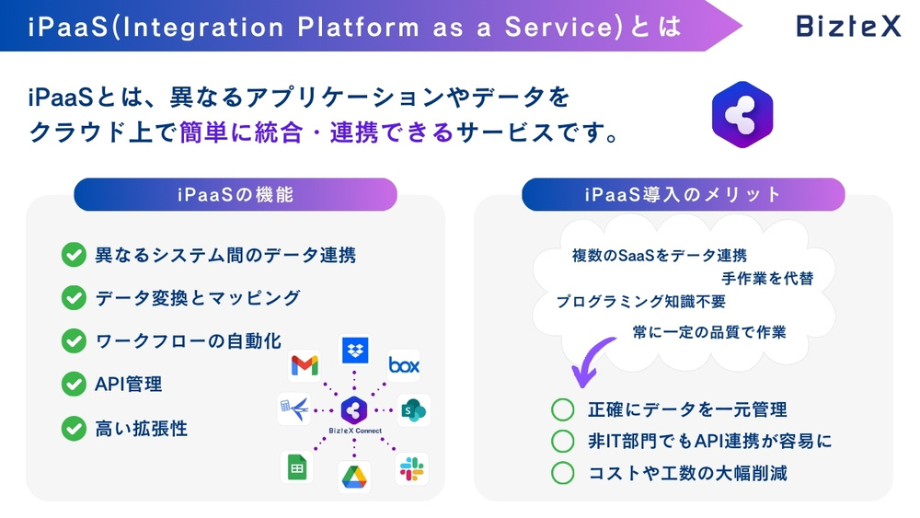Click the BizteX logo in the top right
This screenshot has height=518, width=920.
[848, 26]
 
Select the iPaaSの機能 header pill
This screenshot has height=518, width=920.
[236, 195]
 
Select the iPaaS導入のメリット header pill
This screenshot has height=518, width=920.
[683, 195]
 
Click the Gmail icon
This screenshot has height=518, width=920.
[305, 365]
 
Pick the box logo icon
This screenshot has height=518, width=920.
[403, 365]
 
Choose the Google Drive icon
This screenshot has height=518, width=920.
[354, 477]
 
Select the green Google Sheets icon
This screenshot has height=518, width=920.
[296, 468]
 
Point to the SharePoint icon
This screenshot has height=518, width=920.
[414, 410]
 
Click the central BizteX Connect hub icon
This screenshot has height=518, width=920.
[354, 410]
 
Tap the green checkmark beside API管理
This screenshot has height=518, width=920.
[73, 384]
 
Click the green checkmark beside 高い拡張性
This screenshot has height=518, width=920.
[73, 428]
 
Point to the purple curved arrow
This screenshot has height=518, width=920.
[592, 361]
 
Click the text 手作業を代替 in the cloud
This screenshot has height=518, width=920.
[766, 278]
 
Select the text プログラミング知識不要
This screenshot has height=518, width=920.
[640, 302]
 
